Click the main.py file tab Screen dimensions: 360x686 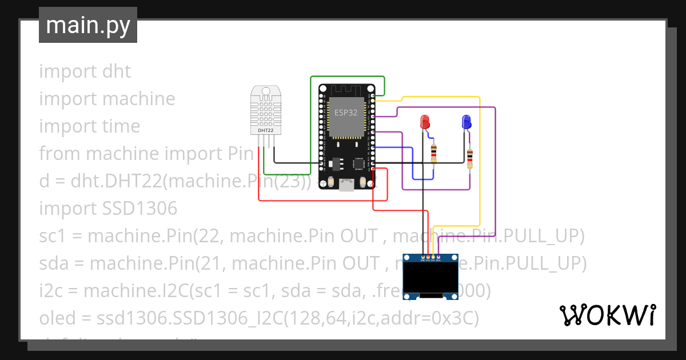click(87, 26)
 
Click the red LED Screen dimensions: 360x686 click(425, 122)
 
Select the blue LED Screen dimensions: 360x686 click(466, 122)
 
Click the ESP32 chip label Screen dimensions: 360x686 click(346, 113)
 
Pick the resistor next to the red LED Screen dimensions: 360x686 click(433, 153)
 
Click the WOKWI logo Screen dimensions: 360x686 click(607, 315)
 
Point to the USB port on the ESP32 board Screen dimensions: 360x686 click(346, 185)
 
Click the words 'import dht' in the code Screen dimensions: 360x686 click(85, 71)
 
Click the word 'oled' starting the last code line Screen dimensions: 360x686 click(55, 318)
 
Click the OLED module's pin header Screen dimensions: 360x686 click(430, 259)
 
